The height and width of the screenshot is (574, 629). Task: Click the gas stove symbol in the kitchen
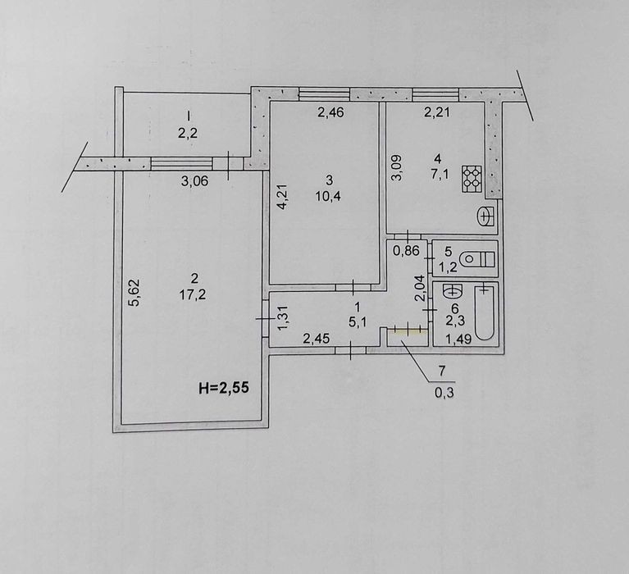pyautogui.click(x=472, y=179)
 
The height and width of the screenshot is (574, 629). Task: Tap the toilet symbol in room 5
pyautogui.click(x=477, y=259)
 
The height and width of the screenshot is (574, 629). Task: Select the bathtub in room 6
pyautogui.click(x=485, y=312)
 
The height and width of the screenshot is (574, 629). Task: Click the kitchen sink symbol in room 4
pyautogui.click(x=486, y=216)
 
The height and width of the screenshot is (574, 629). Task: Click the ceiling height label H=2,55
pyautogui.click(x=224, y=388)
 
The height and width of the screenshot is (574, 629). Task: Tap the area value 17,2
pyautogui.click(x=193, y=295)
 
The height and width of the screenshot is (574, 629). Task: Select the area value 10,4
pyautogui.click(x=328, y=196)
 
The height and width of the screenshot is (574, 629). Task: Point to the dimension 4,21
pyautogui.click(x=283, y=197)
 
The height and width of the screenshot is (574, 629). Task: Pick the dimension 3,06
pyautogui.click(x=194, y=181)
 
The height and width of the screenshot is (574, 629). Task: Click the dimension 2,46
pyautogui.click(x=330, y=112)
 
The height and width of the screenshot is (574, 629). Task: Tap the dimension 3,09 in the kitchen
pyautogui.click(x=397, y=168)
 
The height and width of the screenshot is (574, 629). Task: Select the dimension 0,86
pyautogui.click(x=406, y=251)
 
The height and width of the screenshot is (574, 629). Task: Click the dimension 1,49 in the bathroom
pyautogui.click(x=458, y=339)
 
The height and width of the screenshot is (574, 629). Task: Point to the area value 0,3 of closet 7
pyautogui.click(x=444, y=392)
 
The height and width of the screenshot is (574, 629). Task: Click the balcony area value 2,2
pyautogui.click(x=188, y=133)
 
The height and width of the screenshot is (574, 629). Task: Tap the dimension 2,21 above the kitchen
pyautogui.click(x=437, y=112)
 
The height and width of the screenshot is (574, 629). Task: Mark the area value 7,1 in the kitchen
pyautogui.click(x=440, y=175)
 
